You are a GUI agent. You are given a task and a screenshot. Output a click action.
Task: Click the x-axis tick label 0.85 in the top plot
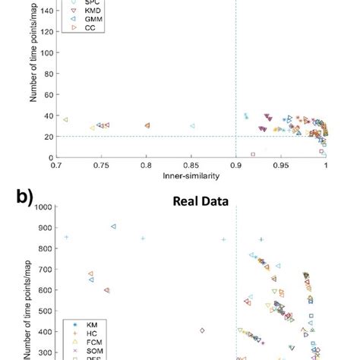point(191,164)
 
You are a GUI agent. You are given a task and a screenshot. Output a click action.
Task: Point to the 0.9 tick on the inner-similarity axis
point(236,164)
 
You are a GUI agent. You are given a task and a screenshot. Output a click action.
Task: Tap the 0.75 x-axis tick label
point(101,164)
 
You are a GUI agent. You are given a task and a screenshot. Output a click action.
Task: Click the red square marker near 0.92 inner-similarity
point(253,154)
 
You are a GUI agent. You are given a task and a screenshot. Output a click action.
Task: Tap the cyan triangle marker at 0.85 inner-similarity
point(192,126)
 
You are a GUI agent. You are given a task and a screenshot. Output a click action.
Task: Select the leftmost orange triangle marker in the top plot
point(65,120)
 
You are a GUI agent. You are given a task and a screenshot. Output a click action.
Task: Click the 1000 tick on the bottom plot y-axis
point(43,207)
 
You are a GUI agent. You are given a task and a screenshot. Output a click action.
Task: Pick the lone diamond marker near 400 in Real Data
point(202,330)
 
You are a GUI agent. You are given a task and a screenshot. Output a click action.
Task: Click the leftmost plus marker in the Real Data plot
point(67,237)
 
